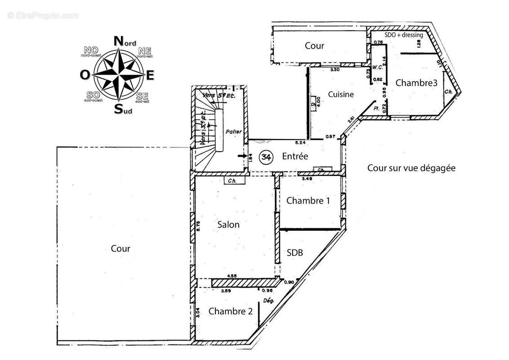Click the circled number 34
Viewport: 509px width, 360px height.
pyautogui.click(x=267, y=157)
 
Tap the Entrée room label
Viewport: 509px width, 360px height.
pyautogui.click(x=295, y=156)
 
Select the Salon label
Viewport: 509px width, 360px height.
pyautogui.click(x=228, y=225)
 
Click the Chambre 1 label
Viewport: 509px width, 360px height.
pyautogui.click(x=308, y=201)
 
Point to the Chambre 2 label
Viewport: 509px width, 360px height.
pyautogui.click(x=231, y=311)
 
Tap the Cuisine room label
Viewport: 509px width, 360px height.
pyautogui.click(x=341, y=94)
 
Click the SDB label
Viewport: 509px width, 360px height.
pyautogui.click(x=295, y=253)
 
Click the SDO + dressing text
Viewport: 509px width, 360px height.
pyautogui.click(x=403, y=35)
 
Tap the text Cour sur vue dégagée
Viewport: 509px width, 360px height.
pyautogui.click(x=411, y=168)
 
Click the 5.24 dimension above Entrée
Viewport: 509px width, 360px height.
pyautogui.click(x=300, y=143)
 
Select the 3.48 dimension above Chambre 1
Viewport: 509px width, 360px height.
pyautogui.click(x=307, y=179)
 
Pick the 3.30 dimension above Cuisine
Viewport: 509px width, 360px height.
pyautogui.click(x=335, y=70)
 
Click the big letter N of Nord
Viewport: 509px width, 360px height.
pyautogui.click(x=119, y=41)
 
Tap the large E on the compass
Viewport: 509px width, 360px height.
pyautogui.click(x=150, y=75)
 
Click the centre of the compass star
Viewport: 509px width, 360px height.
pyautogui.click(x=119, y=75)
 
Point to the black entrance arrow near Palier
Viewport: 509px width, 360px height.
pyautogui.click(x=242, y=156)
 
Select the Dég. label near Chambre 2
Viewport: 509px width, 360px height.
pyautogui.click(x=268, y=301)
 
